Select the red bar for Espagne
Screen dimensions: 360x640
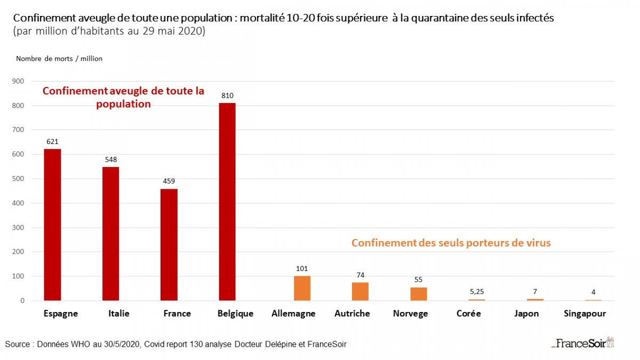pyautogui.click(x=52, y=225)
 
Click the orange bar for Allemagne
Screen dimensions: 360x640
pyautogui.click(x=302, y=288)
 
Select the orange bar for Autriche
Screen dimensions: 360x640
pyautogui.click(x=360, y=291)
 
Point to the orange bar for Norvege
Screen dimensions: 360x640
pyautogui.click(x=419, y=294)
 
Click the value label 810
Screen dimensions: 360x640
pyautogui.click(x=227, y=96)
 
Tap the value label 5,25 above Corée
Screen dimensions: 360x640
pyautogui.click(x=476, y=292)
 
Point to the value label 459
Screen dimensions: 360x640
pyautogui.click(x=169, y=181)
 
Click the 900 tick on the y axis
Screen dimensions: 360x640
pyautogui.click(x=19, y=81)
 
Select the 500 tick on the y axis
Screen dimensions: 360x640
pyautogui.click(x=19, y=179)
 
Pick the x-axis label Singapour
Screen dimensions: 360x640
pyautogui.click(x=585, y=314)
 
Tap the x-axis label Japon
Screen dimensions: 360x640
pyautogui.click(x=526, y=314)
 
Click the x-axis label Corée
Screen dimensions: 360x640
pyautogui.click(x=469, y=314)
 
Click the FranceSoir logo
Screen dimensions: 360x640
pyautogui.click(x=583, y=343)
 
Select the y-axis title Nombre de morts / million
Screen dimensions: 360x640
pyautogui.click(x=59, y=59)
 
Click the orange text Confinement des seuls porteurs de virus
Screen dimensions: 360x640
pyautogui.click(x=451, y=243)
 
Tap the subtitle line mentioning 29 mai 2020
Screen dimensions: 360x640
pyautogui.click(x=109, y=31)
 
